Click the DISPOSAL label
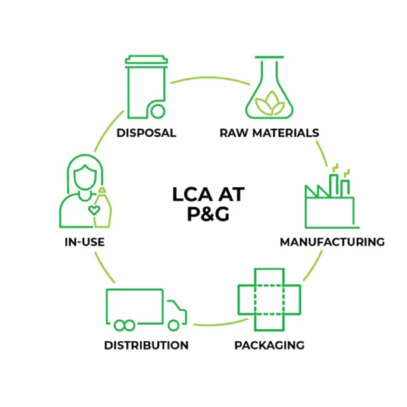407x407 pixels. click(x=146, y=133)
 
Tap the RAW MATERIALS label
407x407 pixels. click(x=269, y=133)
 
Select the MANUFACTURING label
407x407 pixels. click(x=332, y=241)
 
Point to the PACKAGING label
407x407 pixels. click(x=269, y=345)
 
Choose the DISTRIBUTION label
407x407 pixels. click(x=146, y=345)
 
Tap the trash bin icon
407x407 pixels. click(x=146, y=88)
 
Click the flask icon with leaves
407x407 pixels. click(x=269, y=88)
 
